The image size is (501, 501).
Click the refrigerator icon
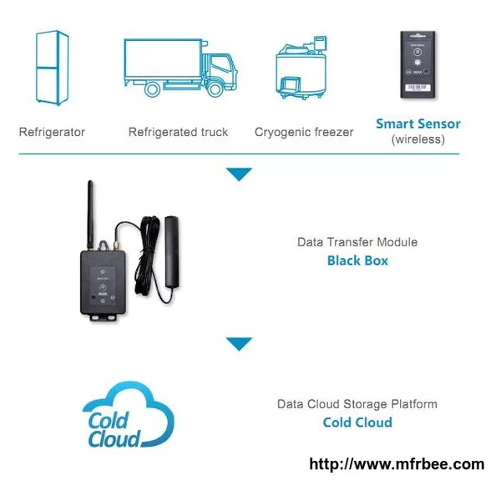(x=52, y=68)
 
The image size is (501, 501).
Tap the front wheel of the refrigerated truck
(x=215, y=89)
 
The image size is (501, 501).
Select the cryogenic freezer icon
(x=301, y=68)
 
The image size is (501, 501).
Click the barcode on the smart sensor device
(x=417, y=87)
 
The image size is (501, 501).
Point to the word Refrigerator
(x=52, y=132)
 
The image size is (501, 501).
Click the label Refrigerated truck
(x=179, y=132)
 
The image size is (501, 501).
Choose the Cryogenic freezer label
(x=304, y=132)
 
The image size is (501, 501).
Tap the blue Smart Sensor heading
(x=418, y=124)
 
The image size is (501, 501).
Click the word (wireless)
(x=418, y=139)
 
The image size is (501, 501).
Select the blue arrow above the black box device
(x=239, y=174)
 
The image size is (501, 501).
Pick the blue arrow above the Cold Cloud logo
(x=239, y=344)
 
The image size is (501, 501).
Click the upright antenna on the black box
(x=91, y=215)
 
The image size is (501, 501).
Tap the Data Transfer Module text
(x=357, y=242)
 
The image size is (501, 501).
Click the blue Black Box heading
(x=357, y=261)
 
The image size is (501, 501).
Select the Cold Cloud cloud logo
(x=128, y=414)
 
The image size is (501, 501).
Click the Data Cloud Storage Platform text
(x=357, y=404)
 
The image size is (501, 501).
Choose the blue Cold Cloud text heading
(x=357, y=423)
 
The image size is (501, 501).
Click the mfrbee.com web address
(x=397, y=464)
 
